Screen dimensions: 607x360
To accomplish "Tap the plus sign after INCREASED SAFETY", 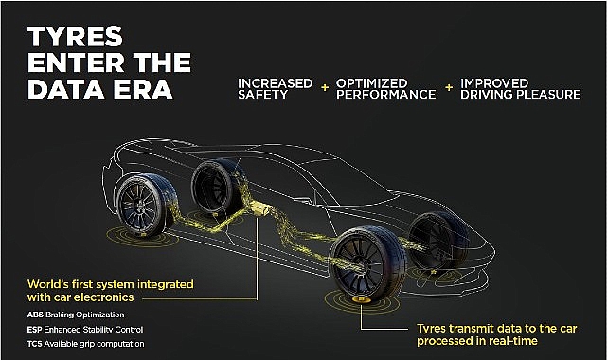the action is pyautogui.click(x=325, y=88).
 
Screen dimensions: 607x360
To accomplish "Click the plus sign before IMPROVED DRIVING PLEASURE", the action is pyautogui.click(x=450, y=88).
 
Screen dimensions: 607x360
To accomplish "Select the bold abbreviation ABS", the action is pyautogui.click(x=36, y=314).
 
